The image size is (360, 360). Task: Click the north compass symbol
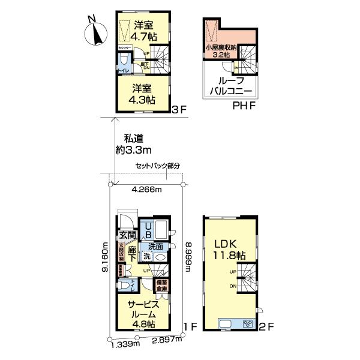click(93, 32)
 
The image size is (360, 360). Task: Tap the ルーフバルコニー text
click(231, 86)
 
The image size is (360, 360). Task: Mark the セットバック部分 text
click(158, 166)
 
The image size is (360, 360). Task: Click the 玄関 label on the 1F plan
click(127, 235)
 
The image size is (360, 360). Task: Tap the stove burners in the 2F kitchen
click(248, 324)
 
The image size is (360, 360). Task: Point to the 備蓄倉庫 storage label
click(161, 285)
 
